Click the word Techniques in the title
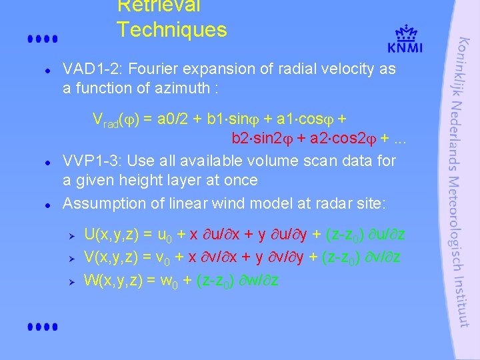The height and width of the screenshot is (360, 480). click(x=171, y=30)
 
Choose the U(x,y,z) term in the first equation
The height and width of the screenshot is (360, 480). click(x=111, y=234)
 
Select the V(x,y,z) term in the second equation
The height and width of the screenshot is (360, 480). click(x=111, y=257)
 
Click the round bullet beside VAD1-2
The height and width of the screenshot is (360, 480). click(x=41, y=69)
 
